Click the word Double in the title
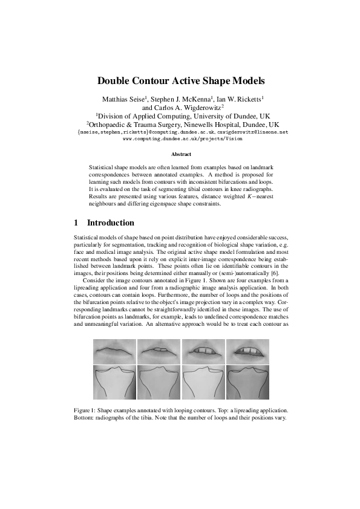tap(119, 80)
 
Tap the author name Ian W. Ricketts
tap(238, 98)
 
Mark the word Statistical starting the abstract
tap(102, 166)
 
